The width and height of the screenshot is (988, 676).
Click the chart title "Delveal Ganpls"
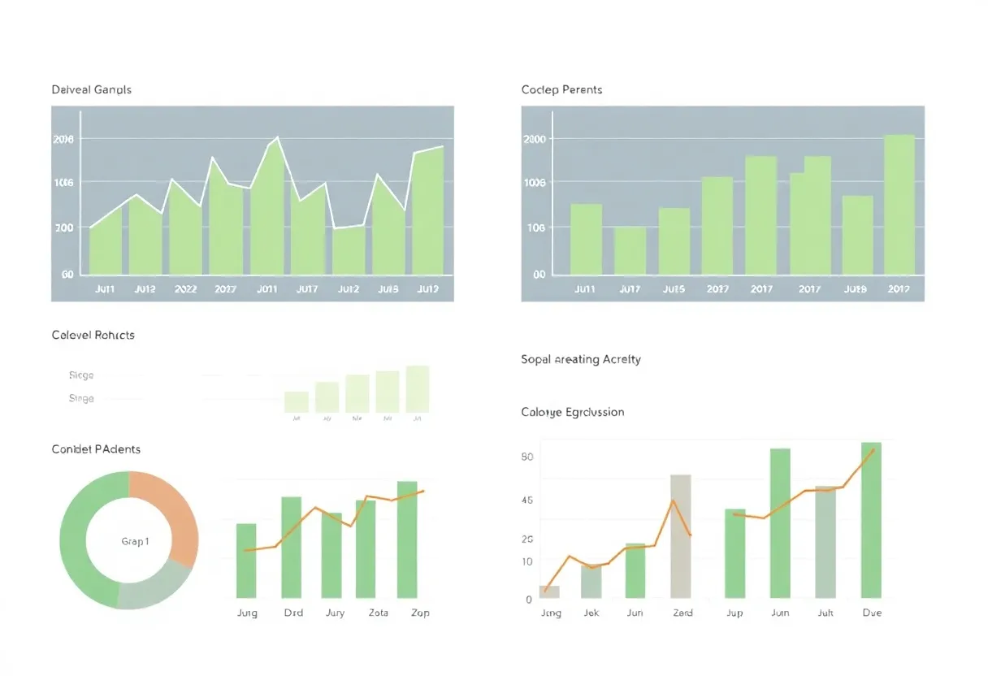(x=91, y=89)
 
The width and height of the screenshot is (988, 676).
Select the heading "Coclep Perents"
(x=561, y=89)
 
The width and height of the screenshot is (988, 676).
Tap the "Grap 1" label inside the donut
(x=135, y=541)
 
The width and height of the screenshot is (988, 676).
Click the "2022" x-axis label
(x=185, y=288)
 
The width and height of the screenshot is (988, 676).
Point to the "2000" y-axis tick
(x=534, y=139)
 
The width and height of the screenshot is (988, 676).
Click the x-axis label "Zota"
(x=379, y=613)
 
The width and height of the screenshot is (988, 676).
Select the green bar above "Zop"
(x=407, y=539)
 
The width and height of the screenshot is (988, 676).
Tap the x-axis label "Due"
(x=872, y=613)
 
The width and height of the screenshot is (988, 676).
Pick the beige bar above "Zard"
(x=681, y=536)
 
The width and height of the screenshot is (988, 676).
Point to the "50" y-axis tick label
(x=526, y=457)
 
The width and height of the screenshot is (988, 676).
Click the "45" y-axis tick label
(x=526, y=500)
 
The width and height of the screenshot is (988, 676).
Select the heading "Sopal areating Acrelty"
(x=580, y=359)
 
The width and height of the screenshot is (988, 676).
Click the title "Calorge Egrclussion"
(x=572, y=412)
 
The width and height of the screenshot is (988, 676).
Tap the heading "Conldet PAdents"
(x=96, y=449)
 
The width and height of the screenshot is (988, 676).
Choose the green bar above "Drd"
(x=291, y=547)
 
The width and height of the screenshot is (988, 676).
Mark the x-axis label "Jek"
(x=591, y=613)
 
